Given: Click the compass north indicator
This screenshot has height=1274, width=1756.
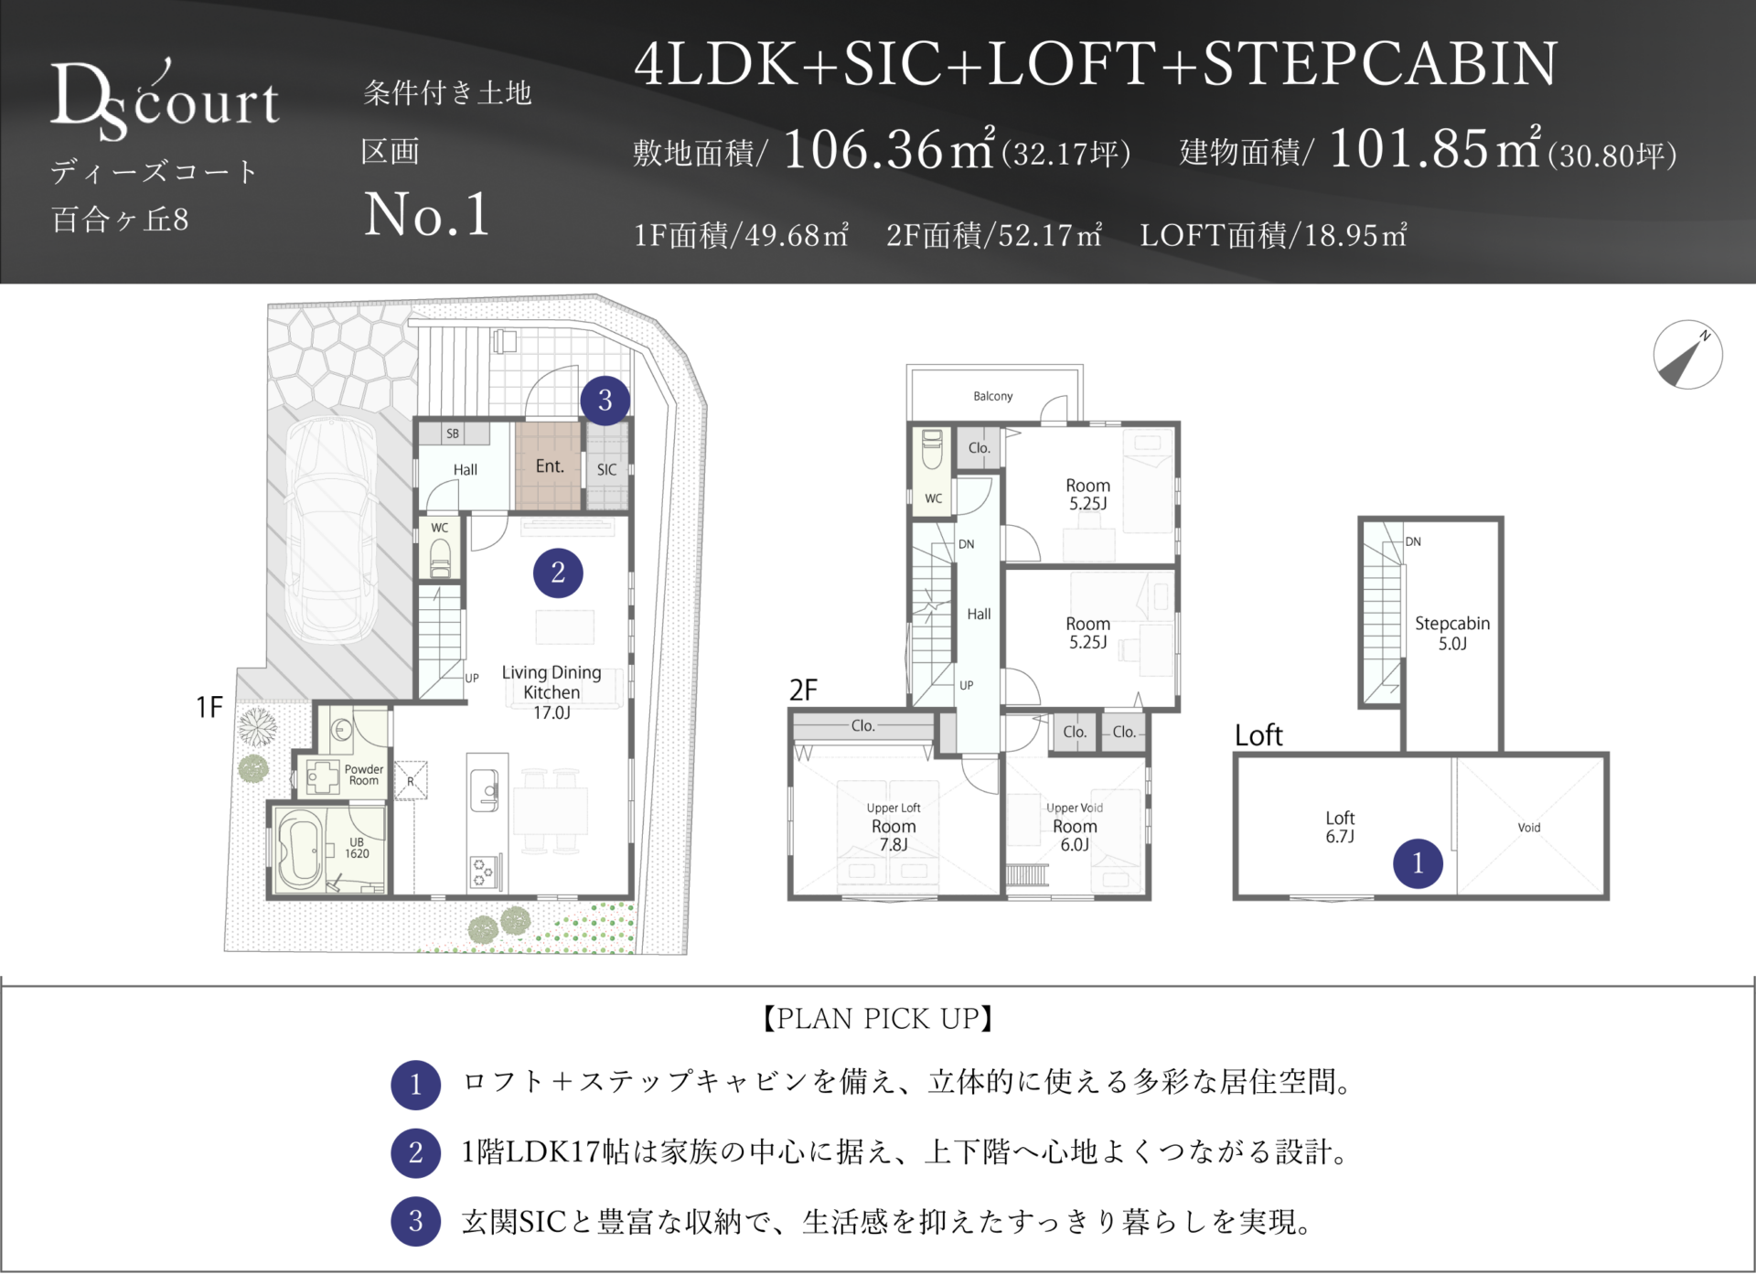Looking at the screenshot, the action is point(1687,355).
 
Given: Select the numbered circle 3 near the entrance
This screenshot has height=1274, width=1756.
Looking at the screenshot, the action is point(605,400).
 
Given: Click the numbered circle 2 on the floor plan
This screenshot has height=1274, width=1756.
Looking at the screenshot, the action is point(558,573).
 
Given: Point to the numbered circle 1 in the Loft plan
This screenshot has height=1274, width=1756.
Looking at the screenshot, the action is point(1418,862).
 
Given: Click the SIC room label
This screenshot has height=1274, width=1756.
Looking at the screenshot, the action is point(606,469).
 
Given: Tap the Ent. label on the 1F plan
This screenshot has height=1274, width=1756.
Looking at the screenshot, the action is point(549,466).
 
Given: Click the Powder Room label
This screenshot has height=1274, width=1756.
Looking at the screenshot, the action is point(364,775).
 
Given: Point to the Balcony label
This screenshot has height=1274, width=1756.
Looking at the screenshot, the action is point(992,396).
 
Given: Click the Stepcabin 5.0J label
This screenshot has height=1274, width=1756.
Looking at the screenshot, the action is point(1452,633).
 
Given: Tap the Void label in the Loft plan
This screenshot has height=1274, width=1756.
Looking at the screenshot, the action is point(1529,828).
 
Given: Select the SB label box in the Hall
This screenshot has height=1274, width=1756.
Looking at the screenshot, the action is point(453,434).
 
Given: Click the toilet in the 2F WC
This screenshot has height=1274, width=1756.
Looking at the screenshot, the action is point(933,451).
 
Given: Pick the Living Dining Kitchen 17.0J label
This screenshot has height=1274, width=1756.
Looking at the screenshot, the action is point(551,692).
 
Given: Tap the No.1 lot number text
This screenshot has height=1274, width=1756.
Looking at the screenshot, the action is point(427,215).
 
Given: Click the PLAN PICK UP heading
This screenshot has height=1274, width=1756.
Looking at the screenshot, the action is point(878,1019).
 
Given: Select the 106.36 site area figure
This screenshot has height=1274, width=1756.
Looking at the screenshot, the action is point(862,149).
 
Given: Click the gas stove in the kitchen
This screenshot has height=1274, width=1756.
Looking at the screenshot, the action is point(483,873).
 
